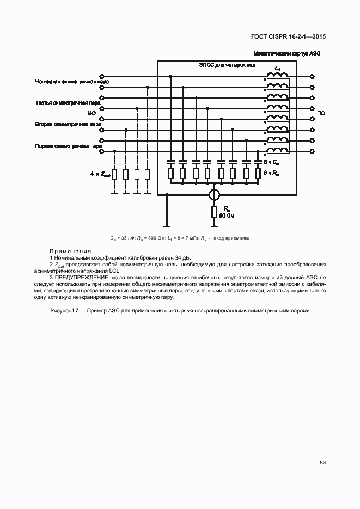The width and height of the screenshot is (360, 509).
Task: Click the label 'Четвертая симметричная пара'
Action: point(72,82)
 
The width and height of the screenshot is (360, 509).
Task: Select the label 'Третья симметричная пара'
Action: point(68,103)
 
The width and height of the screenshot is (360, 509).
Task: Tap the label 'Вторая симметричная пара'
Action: point(68,124)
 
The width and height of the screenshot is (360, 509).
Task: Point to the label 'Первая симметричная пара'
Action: point(69,146)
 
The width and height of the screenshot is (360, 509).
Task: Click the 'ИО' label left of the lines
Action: point(91,113)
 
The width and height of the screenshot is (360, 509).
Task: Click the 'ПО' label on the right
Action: point(321,113)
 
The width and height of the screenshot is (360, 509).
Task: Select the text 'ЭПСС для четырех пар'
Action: point(227,65)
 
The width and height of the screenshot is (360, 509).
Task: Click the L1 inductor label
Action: point(278,69)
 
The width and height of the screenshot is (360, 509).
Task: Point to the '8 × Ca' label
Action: point(271,162)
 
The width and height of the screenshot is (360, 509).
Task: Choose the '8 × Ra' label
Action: point(271,173)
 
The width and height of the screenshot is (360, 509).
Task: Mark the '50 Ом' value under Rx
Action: point(227,216)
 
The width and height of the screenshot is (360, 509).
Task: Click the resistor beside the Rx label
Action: point(215,212)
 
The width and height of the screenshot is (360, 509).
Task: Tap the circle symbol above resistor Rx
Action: point(215,194)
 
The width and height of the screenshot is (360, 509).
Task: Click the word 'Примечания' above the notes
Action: point(70,251)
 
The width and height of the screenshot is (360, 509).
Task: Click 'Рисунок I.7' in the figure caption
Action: point(65,311)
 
